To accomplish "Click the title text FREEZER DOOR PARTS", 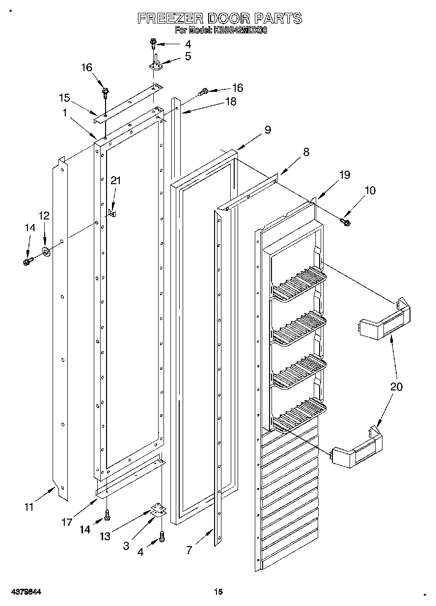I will (219, 19).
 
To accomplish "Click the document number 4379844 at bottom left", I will (23, 592).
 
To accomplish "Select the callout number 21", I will (115, 181).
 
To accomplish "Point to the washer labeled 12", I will (48, 252).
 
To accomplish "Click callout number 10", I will (370, 190).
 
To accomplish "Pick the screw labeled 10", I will (346, 222).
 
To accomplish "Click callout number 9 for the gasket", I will (267, 130).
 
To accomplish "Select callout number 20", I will (396, 386).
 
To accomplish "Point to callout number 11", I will (29, 507).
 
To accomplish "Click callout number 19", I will (345, 174).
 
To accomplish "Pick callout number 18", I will (230, 102).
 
